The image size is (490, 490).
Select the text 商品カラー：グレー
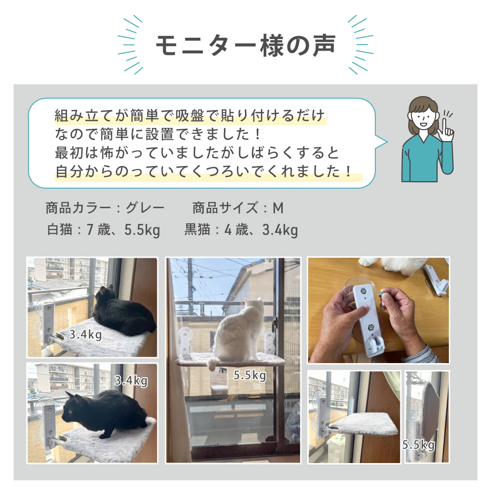coord(105,208)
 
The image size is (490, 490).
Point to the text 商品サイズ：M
coord(238,208)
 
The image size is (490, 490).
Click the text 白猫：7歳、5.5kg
coord(103,230)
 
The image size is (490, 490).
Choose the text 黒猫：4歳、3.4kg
coord(241,230)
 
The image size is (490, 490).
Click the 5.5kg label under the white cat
coord(250,376)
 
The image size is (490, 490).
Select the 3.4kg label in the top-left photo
coord(85,336)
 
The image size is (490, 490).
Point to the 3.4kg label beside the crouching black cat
coord(131,380)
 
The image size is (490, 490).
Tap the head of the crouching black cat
coord(74,404)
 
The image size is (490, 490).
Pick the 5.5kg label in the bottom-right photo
coord(418,445)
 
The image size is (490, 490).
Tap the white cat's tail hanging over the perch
coord(211,363)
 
